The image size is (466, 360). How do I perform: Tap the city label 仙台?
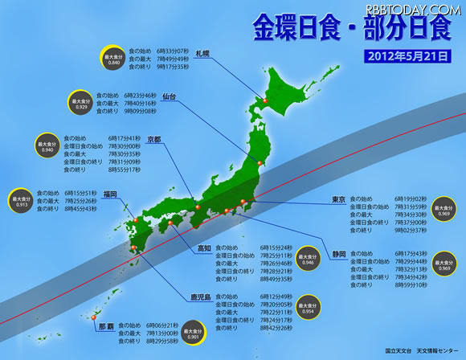168,96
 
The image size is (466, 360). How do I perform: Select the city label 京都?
153,139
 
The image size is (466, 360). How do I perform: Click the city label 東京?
338,198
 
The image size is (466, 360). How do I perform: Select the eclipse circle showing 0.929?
80,104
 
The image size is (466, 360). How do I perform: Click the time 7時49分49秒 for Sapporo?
173,59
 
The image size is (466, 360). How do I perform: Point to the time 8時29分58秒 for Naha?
162,341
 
